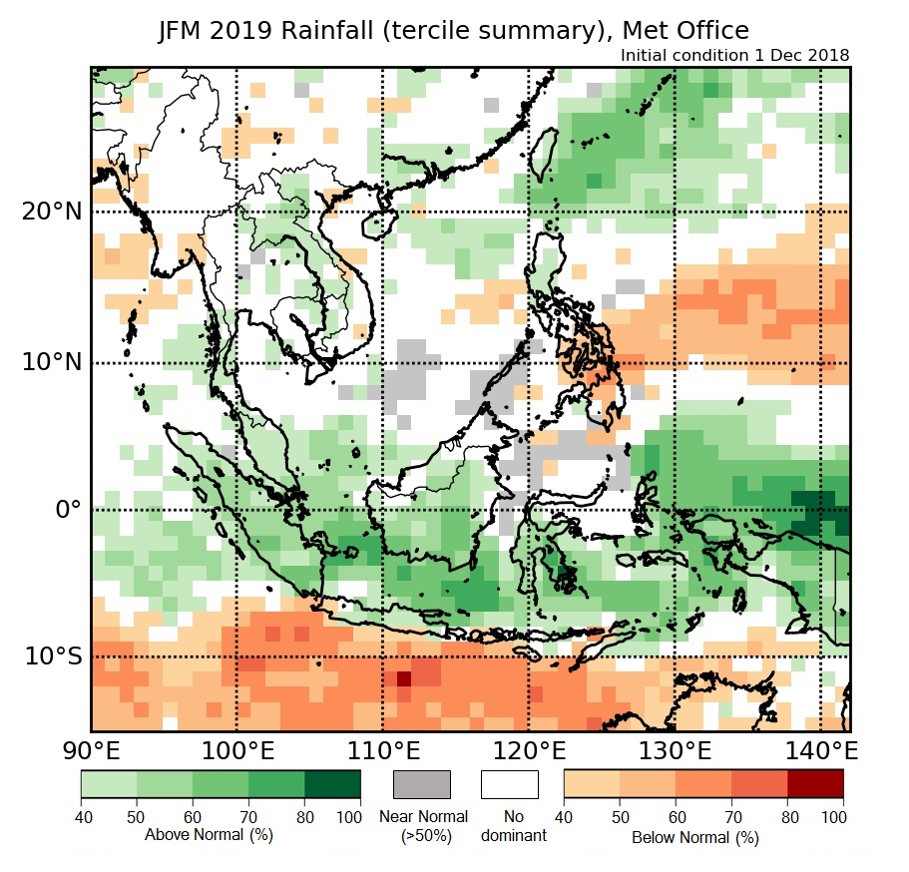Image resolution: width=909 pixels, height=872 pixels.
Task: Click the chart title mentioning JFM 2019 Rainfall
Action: (x=454, y=31)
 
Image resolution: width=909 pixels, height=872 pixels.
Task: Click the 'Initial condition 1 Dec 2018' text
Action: (x=734, y=56)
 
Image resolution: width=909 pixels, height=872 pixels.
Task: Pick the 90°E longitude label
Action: (x=91, y=751)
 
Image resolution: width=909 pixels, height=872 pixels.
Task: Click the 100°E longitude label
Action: (x=236, y=751)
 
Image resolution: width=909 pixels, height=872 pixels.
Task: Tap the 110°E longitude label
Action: (x=382, y=751)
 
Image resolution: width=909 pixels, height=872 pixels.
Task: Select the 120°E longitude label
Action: (x=529, y=751)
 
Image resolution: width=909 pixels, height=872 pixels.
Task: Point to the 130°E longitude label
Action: (x=675, y=751)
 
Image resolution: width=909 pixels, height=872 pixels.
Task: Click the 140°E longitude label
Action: (x=820, y=751)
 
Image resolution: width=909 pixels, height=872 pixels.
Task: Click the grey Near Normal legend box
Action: (x=422, y=784)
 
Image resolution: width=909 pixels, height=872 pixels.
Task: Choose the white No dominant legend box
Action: (x=509, y=784)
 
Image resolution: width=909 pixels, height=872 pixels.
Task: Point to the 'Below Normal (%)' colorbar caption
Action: (x=695, y=837)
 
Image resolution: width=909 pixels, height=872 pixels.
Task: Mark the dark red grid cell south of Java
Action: (x=404, y=679)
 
